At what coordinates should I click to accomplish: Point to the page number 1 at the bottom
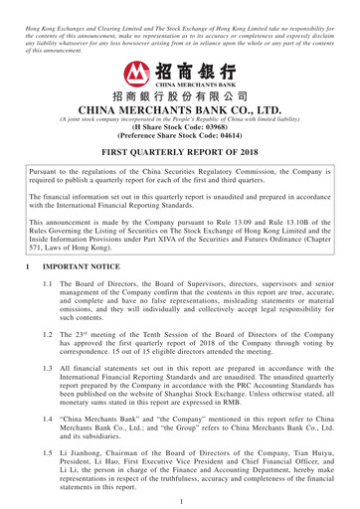180,499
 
